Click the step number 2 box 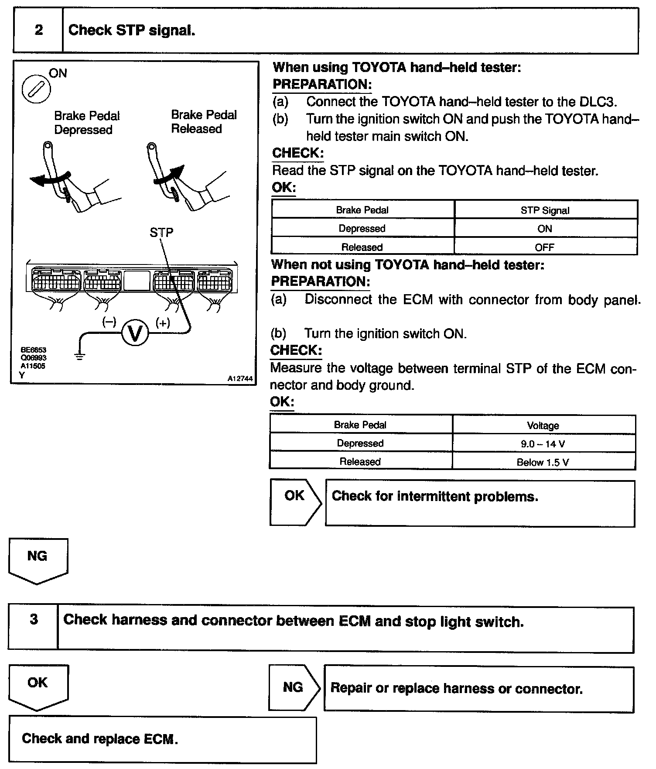38,30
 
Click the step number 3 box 34,619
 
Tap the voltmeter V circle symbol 135,333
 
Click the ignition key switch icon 36,89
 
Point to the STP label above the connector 161,233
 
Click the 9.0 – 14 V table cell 543,444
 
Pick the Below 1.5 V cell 543,462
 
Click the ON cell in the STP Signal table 545,229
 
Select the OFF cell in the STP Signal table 545,247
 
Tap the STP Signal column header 545,210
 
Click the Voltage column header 543,426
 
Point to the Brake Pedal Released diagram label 204,122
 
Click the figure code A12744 240,379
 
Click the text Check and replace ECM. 100,738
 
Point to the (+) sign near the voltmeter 163,323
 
